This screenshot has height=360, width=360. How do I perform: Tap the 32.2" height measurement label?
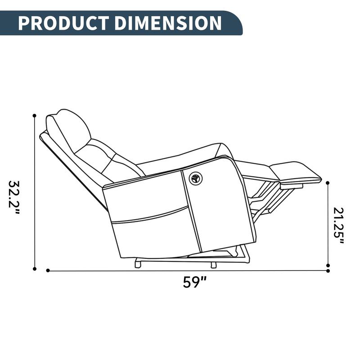pos(14,198)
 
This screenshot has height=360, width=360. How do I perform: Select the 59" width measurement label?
pos(194,282)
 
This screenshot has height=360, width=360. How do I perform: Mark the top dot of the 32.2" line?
pos(35,116)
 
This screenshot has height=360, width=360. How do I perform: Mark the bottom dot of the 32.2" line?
pos(35,269)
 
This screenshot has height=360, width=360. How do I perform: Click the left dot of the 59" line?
pos(48,270)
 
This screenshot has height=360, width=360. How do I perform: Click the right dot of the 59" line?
pos(328,271)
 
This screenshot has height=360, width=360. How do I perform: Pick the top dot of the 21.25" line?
pos(328,183)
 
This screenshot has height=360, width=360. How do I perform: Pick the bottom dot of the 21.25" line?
pos(328,265)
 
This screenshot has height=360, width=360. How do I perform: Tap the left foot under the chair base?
pos(138,265)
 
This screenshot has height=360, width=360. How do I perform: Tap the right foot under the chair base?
pos(213,265)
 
